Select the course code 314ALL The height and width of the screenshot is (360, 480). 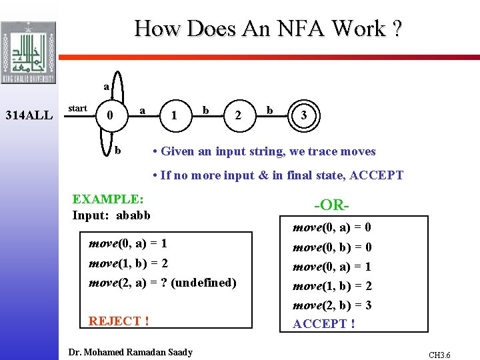(x=29, y=115)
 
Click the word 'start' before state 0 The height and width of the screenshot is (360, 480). (x=77, y=108)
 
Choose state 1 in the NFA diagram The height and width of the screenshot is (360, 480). (x=174, y=115)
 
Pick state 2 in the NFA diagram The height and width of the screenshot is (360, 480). (x=238, y=115)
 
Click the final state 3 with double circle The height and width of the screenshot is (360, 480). (x=304, y=115)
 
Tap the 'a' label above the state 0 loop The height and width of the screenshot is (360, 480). (x=106, y=87)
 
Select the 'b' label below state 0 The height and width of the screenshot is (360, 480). (x=118, y=149)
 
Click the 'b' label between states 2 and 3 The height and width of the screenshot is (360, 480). (x=270, y=108)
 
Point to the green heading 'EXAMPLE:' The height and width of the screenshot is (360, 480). (x=107, y=199)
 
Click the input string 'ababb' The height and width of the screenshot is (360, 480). (x=133, y=215)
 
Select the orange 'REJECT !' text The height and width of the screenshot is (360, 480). (x=119, y=321)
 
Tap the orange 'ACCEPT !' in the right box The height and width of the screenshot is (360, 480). (x=324, y=324)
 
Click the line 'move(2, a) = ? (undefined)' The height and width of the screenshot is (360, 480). (x=163, y=283)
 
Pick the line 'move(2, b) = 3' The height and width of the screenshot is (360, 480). (x=332, y=305)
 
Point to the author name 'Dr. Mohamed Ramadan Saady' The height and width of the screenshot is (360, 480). (x=131, y=352)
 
